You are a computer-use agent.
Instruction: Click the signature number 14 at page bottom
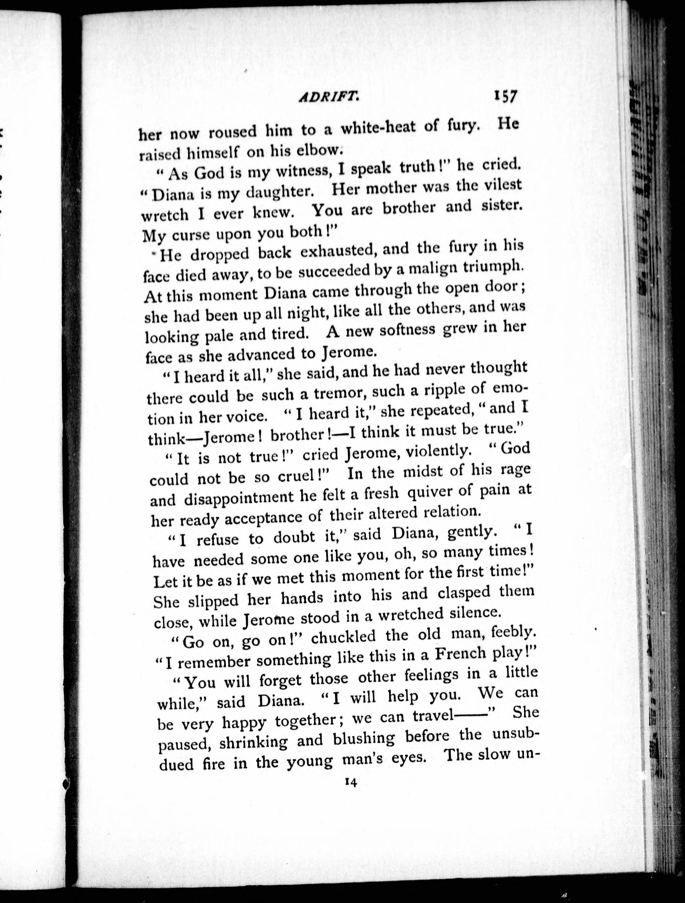[x=351, y=782]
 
